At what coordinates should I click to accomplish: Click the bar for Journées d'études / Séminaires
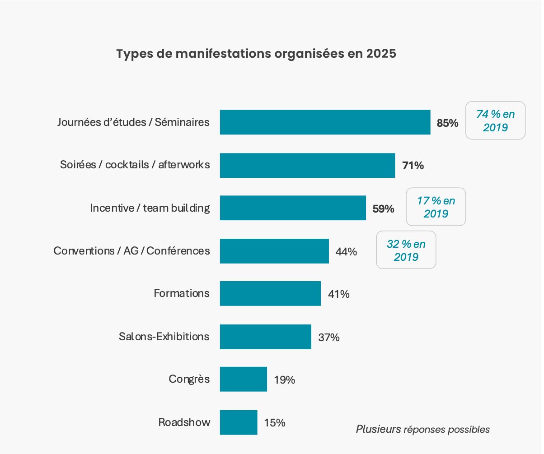tap(325, 122)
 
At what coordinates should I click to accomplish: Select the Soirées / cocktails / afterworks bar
tap(307, 165)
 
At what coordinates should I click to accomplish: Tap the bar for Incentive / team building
tap(293, 208)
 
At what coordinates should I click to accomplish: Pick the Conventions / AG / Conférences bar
tap(274, 251)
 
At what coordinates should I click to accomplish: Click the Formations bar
tap(271, 293)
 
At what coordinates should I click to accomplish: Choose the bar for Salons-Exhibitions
tap(266, 337)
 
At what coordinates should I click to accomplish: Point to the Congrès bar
tap(244, 379)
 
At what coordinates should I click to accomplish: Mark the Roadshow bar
tap(239, 422)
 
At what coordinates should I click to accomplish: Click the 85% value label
tap(447, 123)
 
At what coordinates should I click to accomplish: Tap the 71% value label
tap(413, 166)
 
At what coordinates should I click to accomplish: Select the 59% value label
tap(383, 209)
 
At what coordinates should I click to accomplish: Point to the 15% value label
tap(275, 423)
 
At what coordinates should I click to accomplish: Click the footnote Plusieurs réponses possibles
tap(422, 430)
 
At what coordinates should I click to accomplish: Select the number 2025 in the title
tap(381, 54)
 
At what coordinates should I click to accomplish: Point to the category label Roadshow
tap(184, 422)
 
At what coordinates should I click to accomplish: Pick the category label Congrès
tap(189, 379)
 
